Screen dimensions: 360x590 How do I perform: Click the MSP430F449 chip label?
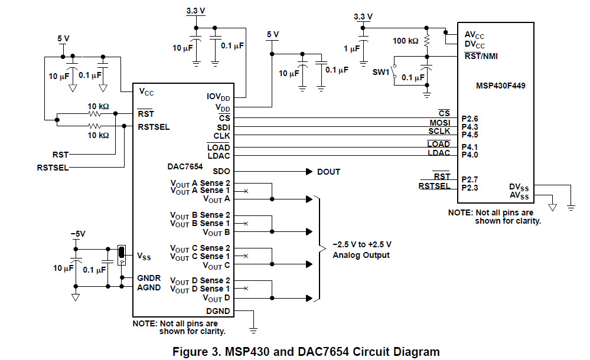pyautogui.click(x=501, y=86)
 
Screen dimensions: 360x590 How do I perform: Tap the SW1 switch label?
pyautogui.click(x=381, y=71)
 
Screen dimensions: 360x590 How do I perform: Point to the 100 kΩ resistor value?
pyautogui.click(x=405, y=41)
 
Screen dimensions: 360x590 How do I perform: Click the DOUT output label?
pyautogui.click(x=329, y=172)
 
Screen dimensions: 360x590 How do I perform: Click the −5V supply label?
pyautogui.click(x=77, y=234)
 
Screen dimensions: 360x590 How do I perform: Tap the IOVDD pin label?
pyautogui.click(x=219, y=97)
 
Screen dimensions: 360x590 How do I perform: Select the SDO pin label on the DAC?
pyautogui.click(x=222, y=172)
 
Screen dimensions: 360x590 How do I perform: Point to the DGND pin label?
pyautogui.click(x=218, y=311)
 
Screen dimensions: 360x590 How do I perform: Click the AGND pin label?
pyautogui.click(x=149, y=287)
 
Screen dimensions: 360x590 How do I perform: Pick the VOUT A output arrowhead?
pyautogui.click(x=308, y=199)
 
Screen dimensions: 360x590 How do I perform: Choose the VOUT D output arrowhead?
pyautogui.click(x=308, y=298)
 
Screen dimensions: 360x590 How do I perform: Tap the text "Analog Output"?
pyautogui.click(x=361, y=255)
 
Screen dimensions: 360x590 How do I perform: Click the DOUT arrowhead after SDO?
pyautogui.click(x=308, y=172)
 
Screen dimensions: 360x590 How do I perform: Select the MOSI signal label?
pyautogui.click(x=439, y=123)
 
